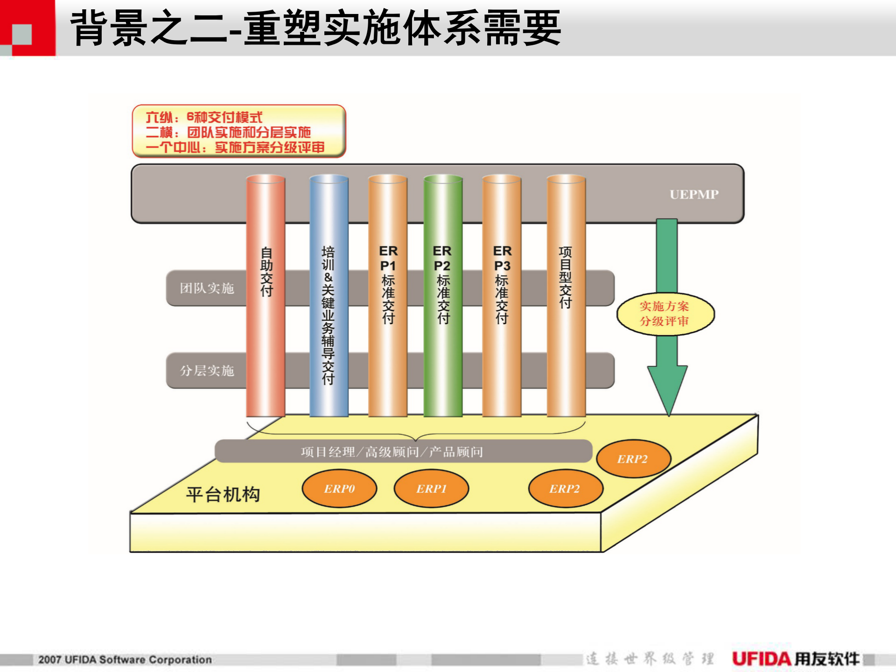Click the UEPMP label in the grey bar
click(694, 194)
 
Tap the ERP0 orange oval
click(339, 489)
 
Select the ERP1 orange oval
click(431, 489)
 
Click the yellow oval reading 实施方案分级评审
click(665, 314)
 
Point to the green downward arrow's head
click(667, 387)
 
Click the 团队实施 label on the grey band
click(207, 288)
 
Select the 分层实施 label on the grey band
click(207, 371)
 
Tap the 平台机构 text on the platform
click(223, 494)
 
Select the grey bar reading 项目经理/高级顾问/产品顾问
click(392, 452)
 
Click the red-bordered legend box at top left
click(239, 131)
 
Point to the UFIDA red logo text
click(762, 659)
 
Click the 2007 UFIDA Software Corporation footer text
click(125, 660)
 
